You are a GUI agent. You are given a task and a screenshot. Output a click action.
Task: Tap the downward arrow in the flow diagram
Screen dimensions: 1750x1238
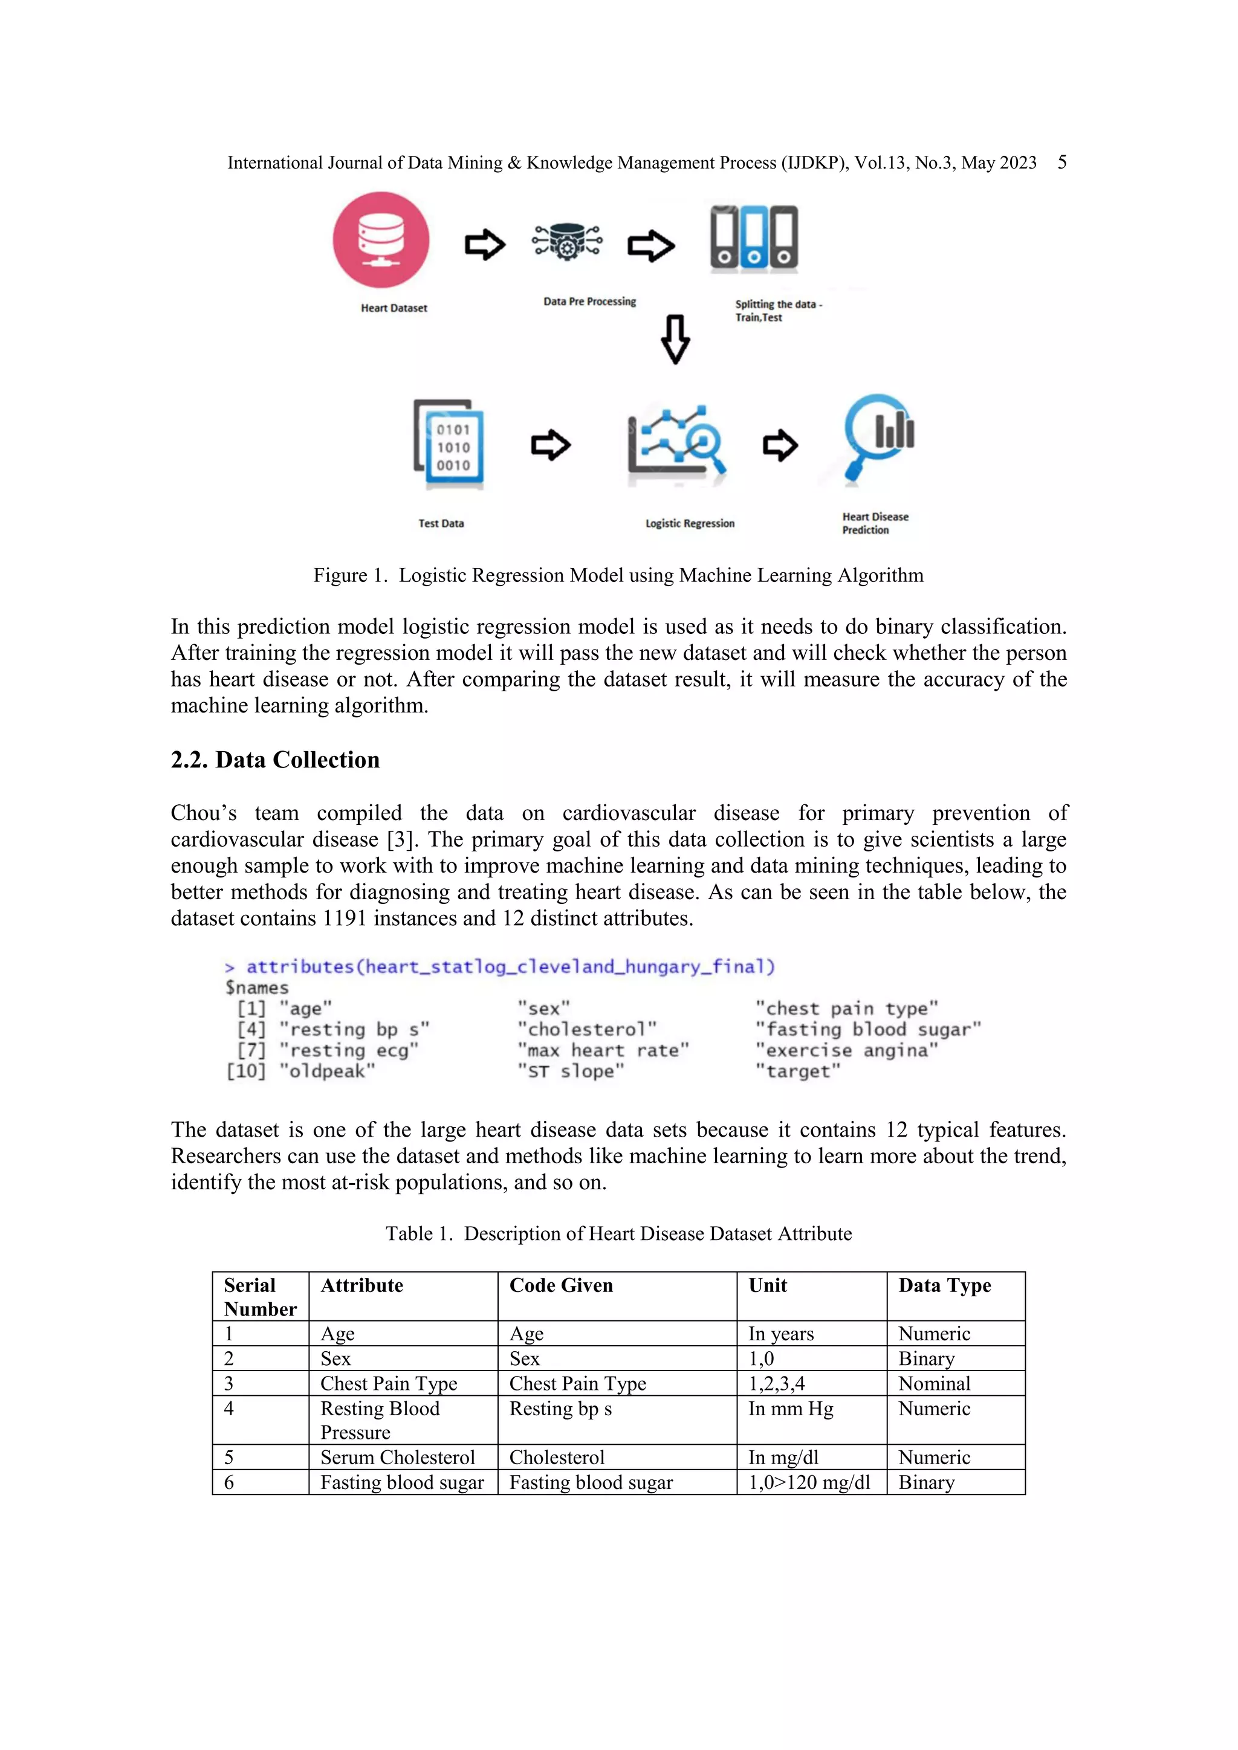point(675,339)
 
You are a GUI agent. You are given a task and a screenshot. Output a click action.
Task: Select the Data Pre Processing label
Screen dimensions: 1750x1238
point(589,302)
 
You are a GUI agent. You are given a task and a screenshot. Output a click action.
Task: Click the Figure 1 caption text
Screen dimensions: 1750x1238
point(618,575)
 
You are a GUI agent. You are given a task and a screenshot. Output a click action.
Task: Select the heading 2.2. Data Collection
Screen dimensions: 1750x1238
point(275,760)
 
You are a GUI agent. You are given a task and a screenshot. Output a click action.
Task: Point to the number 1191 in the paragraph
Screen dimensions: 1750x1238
point(345,919)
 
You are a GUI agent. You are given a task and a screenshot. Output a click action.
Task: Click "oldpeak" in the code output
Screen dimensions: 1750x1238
point(327,1071)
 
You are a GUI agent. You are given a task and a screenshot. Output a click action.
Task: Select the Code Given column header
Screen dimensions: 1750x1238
point(561,1286)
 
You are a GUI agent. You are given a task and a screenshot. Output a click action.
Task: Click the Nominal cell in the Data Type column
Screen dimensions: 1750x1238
point(934,1383)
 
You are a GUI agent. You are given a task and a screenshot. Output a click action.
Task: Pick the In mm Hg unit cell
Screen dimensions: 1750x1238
point(791,1409)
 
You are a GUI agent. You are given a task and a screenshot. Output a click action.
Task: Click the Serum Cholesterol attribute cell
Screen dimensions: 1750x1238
point(397,1458)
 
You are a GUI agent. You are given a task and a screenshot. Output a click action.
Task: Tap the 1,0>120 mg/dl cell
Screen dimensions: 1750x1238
point(809,1482)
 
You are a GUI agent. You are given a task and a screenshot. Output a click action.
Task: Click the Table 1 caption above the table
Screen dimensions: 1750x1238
point(618,1234)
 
